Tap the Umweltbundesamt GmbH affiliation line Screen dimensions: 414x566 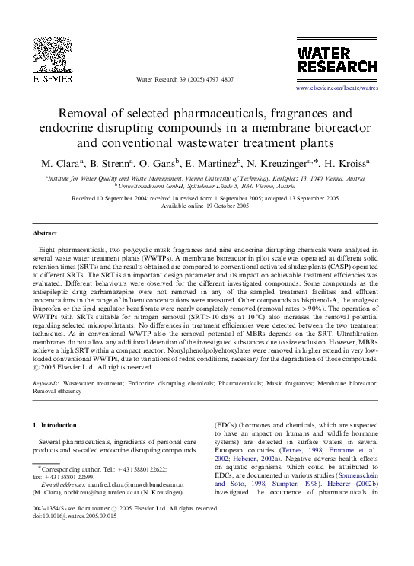coord(207,184)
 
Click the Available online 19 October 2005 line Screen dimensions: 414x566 coord(207,206)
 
